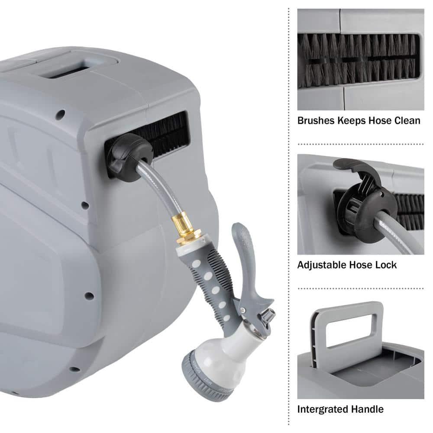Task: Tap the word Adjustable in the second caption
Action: click(x=321, y=265)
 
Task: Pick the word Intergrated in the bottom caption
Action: click(x=325, y=409)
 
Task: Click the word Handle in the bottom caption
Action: click(x=368, y=409)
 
